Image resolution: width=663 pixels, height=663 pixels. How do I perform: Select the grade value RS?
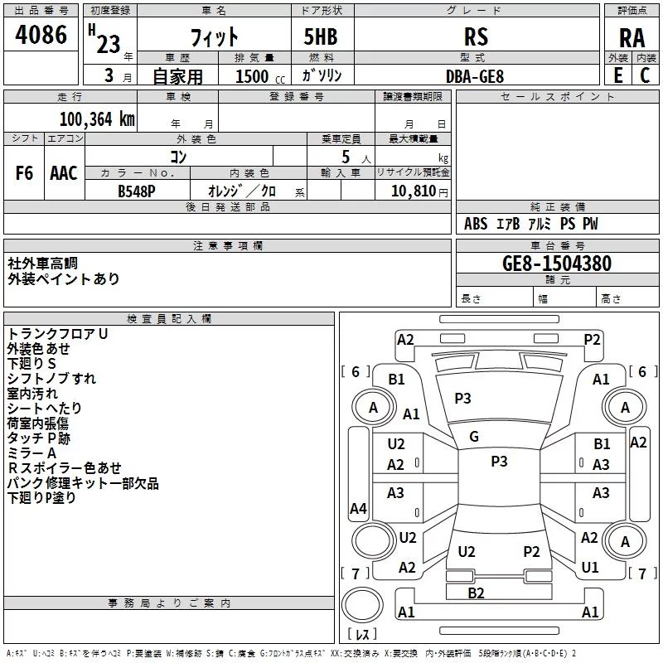(x=476, y=36)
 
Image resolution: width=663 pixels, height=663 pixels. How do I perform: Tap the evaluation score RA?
(x=632, y=38)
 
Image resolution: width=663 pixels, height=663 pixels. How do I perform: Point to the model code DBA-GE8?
(x=475, y=75)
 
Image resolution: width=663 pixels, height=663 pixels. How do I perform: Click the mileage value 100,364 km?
(x=96, y=119)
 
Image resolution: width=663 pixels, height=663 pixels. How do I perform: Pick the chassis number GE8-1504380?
(x=557, y=264)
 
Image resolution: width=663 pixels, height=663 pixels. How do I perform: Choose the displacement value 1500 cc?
(x=252, y=76)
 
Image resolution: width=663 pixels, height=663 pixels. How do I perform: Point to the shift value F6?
(x=25, y=173)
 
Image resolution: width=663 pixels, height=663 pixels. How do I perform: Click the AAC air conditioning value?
(x=64, y=173)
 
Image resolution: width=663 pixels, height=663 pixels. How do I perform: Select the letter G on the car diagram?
(x=474, y=437)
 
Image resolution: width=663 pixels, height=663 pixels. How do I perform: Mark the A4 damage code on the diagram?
(x=358, y=509)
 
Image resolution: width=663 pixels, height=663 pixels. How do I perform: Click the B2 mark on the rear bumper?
(x=476, y=593)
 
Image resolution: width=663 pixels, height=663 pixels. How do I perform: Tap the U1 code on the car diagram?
(x=590, y=568)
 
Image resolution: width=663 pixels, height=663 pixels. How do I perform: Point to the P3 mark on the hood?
(x=462, y=399)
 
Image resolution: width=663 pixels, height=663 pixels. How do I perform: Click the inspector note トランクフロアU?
(x=57, y=334)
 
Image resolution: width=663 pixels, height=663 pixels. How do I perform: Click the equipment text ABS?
(x=476, y=225)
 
